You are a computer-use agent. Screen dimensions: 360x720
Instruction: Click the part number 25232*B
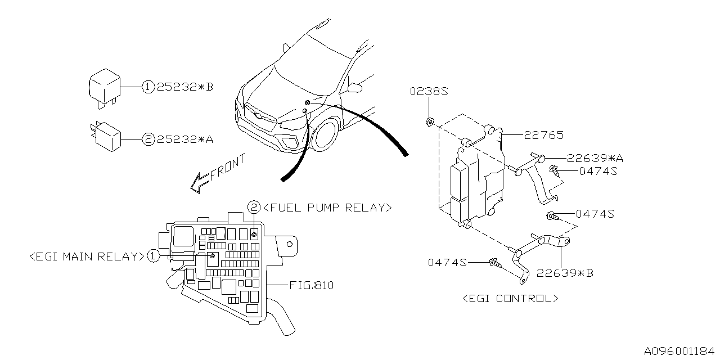(184, 87)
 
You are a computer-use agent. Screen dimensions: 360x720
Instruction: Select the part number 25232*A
(185, 139)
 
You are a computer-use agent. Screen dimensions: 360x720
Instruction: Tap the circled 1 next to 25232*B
(147, 87)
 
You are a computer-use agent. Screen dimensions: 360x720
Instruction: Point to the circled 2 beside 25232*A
(148, 139)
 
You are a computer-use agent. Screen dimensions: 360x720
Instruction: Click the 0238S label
(429, 92)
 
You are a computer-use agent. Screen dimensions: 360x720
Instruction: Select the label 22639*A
(595, 159)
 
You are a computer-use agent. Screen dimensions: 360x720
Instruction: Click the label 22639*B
(565, 273)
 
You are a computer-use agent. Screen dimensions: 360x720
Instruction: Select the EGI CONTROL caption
(510, 299)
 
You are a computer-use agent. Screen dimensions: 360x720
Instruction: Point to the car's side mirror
(354, 87)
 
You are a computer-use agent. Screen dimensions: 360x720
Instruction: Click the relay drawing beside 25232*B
(105, 87)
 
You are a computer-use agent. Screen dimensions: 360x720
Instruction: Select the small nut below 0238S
(429, 121)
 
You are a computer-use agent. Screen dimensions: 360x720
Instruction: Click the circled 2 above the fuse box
(254, 207)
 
